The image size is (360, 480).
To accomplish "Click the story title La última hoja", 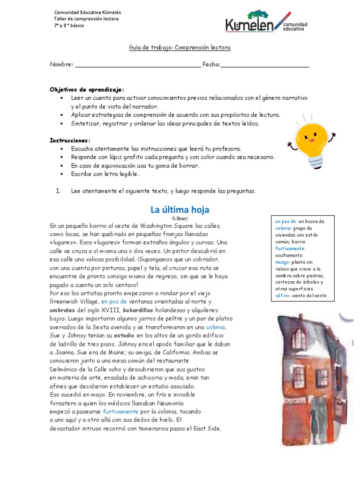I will [180, 209].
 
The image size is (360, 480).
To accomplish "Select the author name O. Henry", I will [180, 218].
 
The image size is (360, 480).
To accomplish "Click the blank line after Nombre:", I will [138, 65].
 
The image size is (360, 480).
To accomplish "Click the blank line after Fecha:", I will [265, 65].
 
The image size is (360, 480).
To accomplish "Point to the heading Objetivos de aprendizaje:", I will [87, 89].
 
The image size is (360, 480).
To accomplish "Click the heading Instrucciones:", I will [70, 140].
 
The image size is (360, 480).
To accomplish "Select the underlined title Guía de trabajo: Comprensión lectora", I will [180, 48].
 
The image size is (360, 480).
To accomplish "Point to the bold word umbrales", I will [62, 310].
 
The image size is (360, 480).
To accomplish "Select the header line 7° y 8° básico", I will [69, 25].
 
